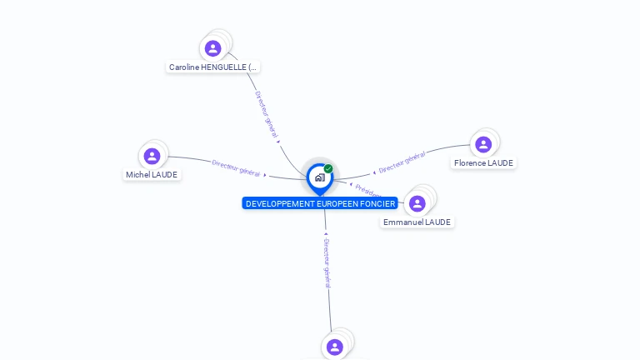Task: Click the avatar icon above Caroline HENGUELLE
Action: coord(212,48)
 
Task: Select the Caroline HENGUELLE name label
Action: coord(213,67)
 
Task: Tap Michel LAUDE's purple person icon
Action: coord(152,156)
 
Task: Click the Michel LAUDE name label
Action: coord(152,175)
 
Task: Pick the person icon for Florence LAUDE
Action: coord(483,144)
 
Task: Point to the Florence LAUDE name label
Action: coord(483,163)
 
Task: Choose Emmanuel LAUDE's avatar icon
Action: coord(417,203)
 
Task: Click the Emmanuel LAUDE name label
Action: coord(417,222)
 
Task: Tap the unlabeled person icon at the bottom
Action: coord(335,347)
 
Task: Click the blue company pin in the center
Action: coord(319,177)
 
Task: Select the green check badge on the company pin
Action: coord(328,168)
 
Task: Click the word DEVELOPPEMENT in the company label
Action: coord(281,204)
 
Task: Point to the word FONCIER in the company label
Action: coord(379,204)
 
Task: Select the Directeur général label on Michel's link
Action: coord(236,168)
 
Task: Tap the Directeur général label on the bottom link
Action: coord(327,262)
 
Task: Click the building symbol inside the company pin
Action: coord(319,177)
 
